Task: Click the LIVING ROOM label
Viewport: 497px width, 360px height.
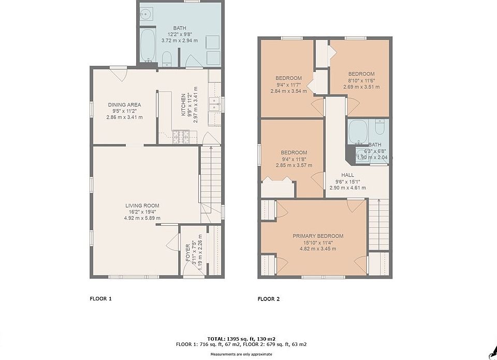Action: click(142, 206)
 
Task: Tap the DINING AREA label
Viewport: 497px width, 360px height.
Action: click(125, 105)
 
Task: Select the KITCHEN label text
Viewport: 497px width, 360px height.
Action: click(183, 105)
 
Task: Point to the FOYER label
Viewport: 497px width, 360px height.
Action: click(188, 253)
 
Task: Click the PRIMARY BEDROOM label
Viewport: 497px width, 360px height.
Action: click(318, 236)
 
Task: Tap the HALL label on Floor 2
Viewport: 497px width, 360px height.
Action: click(348, 175)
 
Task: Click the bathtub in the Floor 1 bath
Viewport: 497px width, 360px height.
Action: click(148, 46)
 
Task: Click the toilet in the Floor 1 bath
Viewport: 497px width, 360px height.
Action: click(167, 59)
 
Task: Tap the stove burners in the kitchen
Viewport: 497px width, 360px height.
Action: click(181, 137)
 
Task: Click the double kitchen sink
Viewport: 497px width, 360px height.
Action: click(215, 104)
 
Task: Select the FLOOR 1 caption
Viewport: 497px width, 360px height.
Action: click(101, 298)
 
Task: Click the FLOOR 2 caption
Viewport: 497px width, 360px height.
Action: click(269, 299)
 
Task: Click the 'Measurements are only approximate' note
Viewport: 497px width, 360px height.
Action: click(241, 354)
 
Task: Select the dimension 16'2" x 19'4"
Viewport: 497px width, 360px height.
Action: click(142, 212)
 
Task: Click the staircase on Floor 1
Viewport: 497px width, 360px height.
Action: click(211, 184)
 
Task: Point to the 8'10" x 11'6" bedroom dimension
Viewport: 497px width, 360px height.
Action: click(361, 81)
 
